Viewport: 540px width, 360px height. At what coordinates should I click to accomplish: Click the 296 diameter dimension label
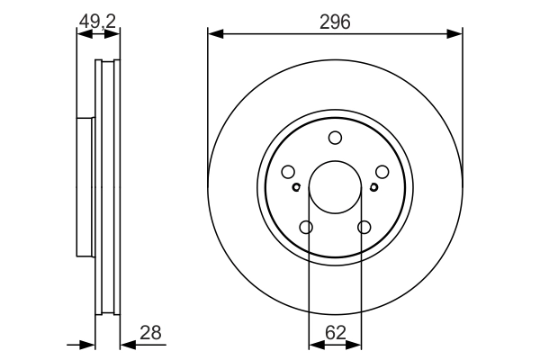click(335, 22)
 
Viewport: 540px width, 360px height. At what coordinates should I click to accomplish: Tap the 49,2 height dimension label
click(98, 22)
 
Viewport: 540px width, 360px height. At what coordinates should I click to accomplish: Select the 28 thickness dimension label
click(150, 333)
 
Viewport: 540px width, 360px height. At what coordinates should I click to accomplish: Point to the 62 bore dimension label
click(335, 333)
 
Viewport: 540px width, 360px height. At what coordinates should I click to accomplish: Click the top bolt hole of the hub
click(335, 138)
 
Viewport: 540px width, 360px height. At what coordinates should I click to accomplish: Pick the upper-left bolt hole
click(288, 172)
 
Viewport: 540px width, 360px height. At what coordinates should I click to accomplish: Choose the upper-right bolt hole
click(382, 172)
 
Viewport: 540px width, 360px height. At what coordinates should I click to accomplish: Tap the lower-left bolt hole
click(306, 228)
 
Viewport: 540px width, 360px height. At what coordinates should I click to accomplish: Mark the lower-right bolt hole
click(364, 228)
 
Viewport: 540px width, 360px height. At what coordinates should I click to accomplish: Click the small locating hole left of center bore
click(296, 187)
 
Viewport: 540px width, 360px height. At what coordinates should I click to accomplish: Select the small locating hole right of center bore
click(373, 187)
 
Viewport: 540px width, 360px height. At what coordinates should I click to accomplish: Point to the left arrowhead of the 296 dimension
click(216, 34)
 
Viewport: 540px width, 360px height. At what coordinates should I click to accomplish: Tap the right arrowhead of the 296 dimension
click(454, 34)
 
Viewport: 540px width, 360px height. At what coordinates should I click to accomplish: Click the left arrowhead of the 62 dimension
click(317, 344)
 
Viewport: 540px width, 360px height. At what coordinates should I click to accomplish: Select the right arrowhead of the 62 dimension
click(353, 344)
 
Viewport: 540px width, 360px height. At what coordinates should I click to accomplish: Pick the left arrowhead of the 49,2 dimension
click(85, 34)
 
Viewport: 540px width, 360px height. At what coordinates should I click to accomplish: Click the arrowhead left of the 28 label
click(129, 344)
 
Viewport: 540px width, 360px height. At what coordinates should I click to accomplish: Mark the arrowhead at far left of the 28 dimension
click(86, 344)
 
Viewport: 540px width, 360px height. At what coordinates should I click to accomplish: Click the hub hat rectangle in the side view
click(85, 187)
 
